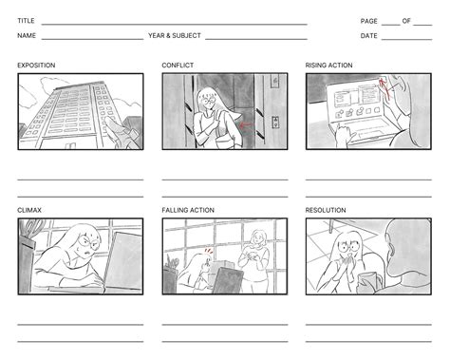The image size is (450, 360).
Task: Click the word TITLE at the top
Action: click(26, 20)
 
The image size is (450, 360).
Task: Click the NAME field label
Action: click(27, 36)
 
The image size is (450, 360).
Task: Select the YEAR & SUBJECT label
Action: click(173, 36)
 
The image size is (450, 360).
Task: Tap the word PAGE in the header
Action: click(368, 20)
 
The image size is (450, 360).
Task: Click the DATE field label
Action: click(368, 36)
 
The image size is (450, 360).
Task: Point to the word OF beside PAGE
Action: click(407, 20)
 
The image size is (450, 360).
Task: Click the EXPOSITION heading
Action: click(36, 66)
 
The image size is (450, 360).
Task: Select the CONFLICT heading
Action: click(178, 66)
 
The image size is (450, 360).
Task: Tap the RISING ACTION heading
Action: click(329, 66)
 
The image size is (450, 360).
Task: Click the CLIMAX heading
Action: click(28, 210)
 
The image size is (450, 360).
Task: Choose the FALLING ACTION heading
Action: click(188, 210)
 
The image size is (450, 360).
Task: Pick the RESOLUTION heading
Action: click(326, 210)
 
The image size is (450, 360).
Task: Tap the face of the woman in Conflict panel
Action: click(207, 100)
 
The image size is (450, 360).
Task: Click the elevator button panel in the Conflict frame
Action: click(276, 122)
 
